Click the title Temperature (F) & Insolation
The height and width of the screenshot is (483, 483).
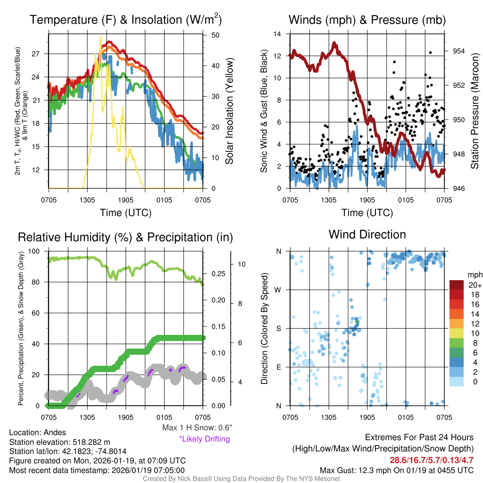(x=125, y=20)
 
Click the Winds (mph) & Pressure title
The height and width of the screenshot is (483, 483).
(x=367, y=20)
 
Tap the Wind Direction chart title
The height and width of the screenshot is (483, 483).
(x=367, y=234)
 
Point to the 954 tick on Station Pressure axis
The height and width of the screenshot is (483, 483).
(x=459, y=51)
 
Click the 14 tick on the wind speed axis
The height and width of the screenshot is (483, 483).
(x=277, y=34)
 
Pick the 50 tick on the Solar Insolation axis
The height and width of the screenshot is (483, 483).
(x=215, y=35)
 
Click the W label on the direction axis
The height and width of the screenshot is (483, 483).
(x=279, y=290)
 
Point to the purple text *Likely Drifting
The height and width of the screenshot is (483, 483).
(x=204, y=439)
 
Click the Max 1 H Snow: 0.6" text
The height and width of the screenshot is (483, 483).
(x=197, y=428)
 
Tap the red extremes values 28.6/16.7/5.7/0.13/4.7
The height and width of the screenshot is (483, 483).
(x=431, y=460)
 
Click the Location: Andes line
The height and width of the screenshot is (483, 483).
(x=38, y=433)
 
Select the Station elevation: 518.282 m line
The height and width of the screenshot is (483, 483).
(x=60, y=442)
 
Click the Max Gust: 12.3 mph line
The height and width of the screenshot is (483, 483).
(x=396, y=470)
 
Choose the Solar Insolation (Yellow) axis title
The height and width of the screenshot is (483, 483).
(x=230, y=111)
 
